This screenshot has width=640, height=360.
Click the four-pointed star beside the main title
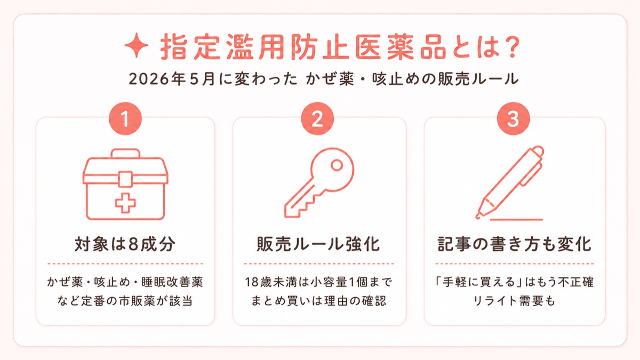137,45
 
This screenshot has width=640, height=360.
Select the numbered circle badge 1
125,118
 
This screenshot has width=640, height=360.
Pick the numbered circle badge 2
317,118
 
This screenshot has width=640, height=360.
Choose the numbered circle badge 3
514,118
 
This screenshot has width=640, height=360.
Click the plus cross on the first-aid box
125,203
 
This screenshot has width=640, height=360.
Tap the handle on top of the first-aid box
125,154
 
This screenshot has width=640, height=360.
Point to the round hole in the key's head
337,165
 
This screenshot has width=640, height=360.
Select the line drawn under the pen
516,220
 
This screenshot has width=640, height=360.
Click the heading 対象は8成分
125,244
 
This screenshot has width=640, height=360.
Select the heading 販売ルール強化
318,244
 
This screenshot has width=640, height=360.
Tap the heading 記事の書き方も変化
514,244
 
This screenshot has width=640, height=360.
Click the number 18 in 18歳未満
252,282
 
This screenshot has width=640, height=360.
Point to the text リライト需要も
514,301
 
